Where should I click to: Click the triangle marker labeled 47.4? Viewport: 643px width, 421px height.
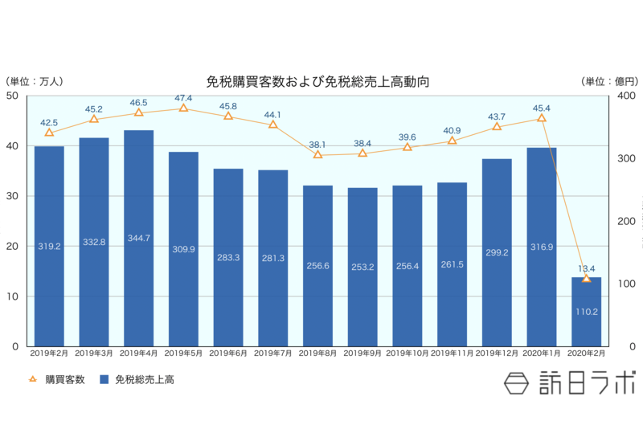[x=183, y=108]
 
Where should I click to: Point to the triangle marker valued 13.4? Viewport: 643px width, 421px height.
[x=586, y=278]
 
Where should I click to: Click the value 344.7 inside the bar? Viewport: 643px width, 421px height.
[x=138, y=239]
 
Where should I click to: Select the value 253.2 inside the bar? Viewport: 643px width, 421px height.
[x=362, y=266]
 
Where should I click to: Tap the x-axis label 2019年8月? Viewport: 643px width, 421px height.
[x=317, y=354]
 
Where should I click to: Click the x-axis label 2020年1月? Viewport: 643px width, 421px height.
[x=541, y=354]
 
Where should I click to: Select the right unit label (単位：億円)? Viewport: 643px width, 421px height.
[x=608, y=82]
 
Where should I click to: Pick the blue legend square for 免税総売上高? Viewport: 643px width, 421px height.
[x=104, y=380]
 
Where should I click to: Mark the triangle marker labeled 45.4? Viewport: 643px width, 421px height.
[x=541, y=118]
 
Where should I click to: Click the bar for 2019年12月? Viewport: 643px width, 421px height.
[x=497, y=252]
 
